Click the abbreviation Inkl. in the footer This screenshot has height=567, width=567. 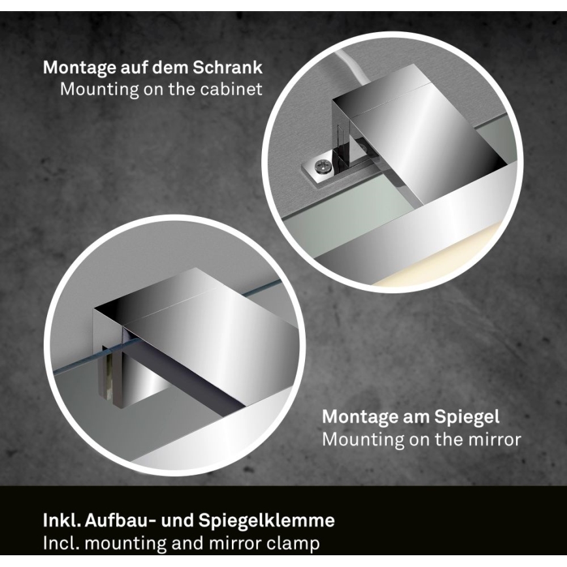(x=60, y=521)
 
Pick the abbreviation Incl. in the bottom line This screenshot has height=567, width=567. (x=59, y=542)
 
